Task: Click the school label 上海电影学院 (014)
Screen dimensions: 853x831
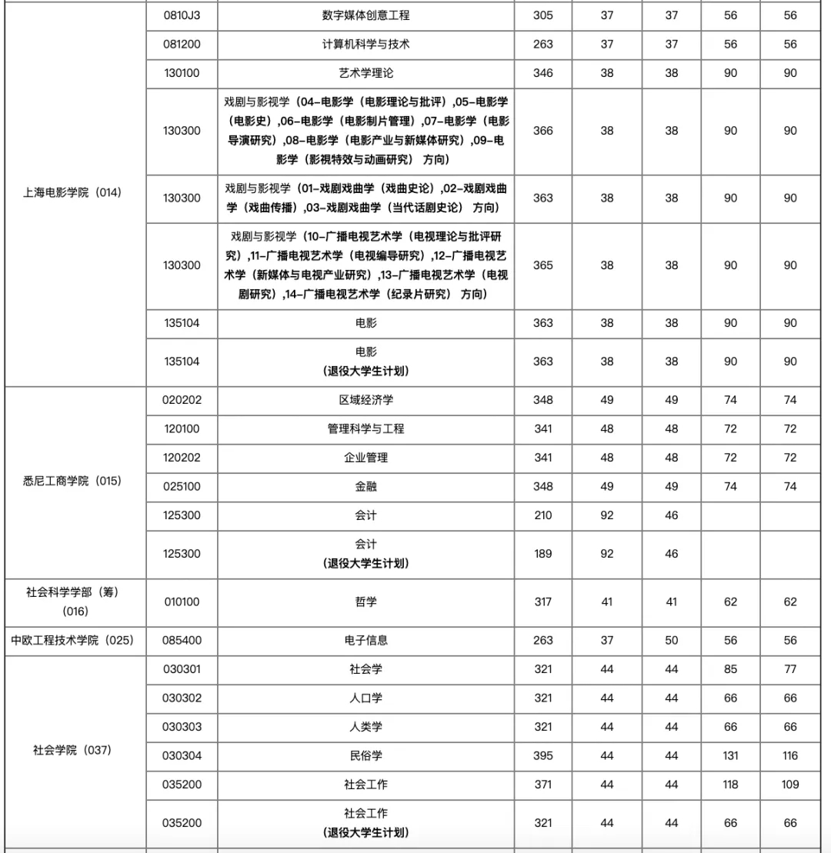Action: pyautogui.click(x=73, y=193)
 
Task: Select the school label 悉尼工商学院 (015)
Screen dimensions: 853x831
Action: pyautogui.click(x=73, y=481)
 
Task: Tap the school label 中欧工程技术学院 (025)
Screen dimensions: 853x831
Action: pyautogui.click(x=73, y=641)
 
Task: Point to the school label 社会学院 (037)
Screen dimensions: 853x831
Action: pyautogui.click(x=73, y=750)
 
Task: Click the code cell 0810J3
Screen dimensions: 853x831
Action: pyautogui.click(x=182, y=15)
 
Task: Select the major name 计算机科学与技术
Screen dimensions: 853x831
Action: pyautogui.click(x=365, y=45)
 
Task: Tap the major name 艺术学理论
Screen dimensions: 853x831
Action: pyautogui.click(x=365, y=73)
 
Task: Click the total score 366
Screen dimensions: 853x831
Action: pyautogui.click(x=543, y=131)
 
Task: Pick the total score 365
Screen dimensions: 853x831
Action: pyautogui.click(x=543, y=265)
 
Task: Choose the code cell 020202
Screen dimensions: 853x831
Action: pyautogui.click(x=182, y=400)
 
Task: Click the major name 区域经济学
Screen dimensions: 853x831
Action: pyautogui.click(x=365, y=400)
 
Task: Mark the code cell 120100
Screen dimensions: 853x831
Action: pyautogui.click(x=182, y=429)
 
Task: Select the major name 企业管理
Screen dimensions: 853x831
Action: pyautogui.click(x=365, y=458)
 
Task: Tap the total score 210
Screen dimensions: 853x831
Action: pyautogui.click(x=543, y=515)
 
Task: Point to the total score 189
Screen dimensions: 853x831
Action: pyautogui.click(x=543, y=554)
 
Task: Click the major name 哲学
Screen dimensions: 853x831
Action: pyautogui.click(x=365, y=602)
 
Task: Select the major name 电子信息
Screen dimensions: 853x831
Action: pyautogui.click(x=365, y=641)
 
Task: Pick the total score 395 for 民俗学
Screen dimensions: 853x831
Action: pyautogui.click(x=543, y=756)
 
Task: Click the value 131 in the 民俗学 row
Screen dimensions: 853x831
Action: pyautogui.click(x=730, y=756)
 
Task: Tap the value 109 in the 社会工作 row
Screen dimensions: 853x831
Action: pyautogui.click(x=790, y=785)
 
